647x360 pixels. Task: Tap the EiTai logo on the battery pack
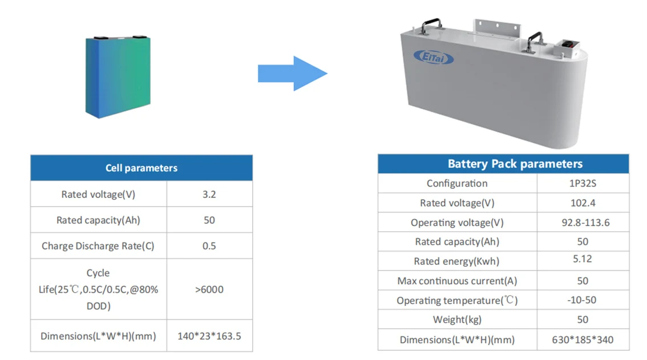pyautogui.click(x=433, y=57)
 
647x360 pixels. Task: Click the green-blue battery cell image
pyautogui.click(x=118, y=77)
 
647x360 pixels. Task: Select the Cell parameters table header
pyautogui.click(x=141, y=168)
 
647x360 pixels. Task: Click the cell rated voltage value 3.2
pyautogui.click(x=209, y=194)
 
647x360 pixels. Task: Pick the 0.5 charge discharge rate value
pyautogui.click(x=209, y=246)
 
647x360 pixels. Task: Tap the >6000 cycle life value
pyautogui.click(x=209, y=289)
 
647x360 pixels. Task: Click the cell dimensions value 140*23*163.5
pyautogui.click(x=209, y=336)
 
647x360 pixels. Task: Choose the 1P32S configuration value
pyautogui.click(x=583, y=184)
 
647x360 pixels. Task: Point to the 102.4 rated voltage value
pyautogui.click(x=583, y=203)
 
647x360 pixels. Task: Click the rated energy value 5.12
pyautogui.click(x=583, y=259)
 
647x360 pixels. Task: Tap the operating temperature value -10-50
pyautogui.click(x=583, y=300)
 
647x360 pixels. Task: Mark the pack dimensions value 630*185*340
pyautogui.click(x=583, y=339)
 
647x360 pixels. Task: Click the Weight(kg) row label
pyautogui.click(x=457, y=319)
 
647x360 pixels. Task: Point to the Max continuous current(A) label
pyautogui.click(x=457, y=281)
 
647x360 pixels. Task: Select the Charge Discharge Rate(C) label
pyautogui.click(x=98, y=246)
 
